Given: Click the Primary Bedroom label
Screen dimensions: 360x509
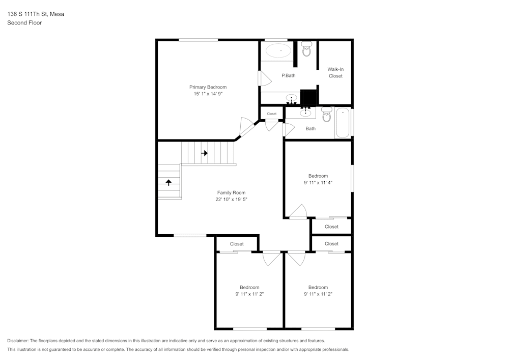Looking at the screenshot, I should click(208, 87).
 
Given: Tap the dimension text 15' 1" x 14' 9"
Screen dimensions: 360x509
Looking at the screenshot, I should click(208, 94).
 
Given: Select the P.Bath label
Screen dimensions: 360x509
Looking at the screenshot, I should click(289, 76).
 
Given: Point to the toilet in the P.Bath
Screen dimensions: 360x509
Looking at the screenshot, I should click(306, 49).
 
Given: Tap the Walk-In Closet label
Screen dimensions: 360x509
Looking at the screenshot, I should click(335, 72).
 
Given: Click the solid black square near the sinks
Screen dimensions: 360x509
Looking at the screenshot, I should click(308, 97).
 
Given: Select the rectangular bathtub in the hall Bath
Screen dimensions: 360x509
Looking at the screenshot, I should click(343, 123).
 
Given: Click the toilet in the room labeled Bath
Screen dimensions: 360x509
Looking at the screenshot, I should click(326, 116).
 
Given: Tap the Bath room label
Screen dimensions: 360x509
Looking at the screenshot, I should click(310, 129).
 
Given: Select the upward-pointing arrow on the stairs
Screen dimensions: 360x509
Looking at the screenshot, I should click(168, 182).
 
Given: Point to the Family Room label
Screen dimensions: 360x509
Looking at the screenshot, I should click(231, 192).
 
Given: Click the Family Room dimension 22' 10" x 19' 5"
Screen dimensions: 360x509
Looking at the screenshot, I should click(231, 200).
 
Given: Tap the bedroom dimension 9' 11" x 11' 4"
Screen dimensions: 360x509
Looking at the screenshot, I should click(318, 183).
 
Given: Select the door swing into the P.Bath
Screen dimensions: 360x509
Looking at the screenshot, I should click(265, 78).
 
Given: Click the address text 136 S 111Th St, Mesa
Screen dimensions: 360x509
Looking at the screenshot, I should click(36, 14).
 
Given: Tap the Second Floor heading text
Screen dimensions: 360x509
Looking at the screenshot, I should click(24, 23).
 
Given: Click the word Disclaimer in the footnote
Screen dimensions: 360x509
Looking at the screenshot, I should click(18, 341).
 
